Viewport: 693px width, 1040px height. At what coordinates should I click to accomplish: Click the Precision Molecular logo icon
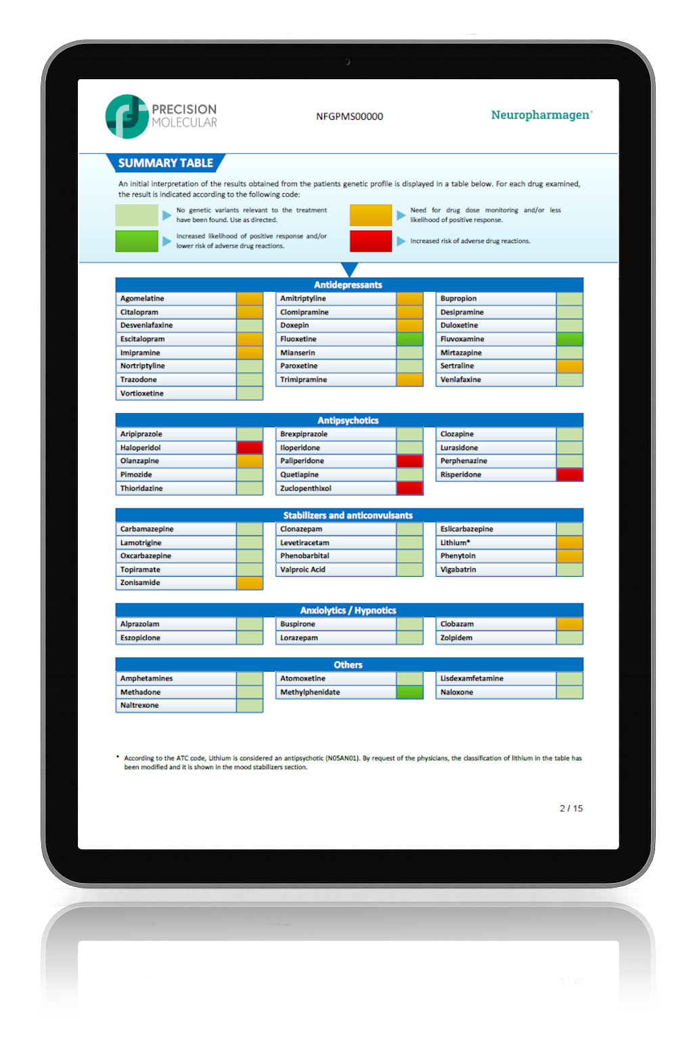(127, 116)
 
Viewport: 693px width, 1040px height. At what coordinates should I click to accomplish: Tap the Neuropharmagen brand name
(541, 115)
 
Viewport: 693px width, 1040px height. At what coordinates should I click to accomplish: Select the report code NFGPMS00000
(349, 116)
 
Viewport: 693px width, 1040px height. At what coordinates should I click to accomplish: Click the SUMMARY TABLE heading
(165, 163)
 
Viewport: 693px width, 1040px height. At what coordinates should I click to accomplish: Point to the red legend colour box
(371, 241)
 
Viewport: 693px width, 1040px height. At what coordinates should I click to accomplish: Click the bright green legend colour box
(137, 241)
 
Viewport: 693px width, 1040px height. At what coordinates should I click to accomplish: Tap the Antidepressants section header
(348, 285)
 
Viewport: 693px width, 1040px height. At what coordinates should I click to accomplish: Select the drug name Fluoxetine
(298, 339)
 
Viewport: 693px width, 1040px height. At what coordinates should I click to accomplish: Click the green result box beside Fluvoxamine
(570, 339)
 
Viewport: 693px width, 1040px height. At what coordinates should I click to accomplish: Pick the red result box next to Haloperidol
(250, 448)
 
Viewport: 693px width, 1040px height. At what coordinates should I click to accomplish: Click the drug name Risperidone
(461, 475)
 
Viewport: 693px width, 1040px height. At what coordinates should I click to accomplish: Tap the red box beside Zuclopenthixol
(410, 488)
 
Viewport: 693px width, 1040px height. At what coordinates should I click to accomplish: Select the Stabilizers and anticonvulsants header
(348, 515)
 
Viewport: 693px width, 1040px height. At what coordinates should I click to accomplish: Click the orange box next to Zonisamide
(250, 583)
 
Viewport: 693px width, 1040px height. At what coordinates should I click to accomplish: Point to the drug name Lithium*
(455, 542)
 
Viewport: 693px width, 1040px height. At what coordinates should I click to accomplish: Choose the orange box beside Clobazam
(570, 624)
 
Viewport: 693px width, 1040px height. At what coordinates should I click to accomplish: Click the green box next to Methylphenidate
(410, 692)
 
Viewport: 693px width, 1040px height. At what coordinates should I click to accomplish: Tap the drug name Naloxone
(457, 692)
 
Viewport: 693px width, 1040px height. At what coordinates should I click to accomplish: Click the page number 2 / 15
(571, 808)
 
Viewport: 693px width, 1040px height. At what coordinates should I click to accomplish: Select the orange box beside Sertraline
(570, 366)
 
